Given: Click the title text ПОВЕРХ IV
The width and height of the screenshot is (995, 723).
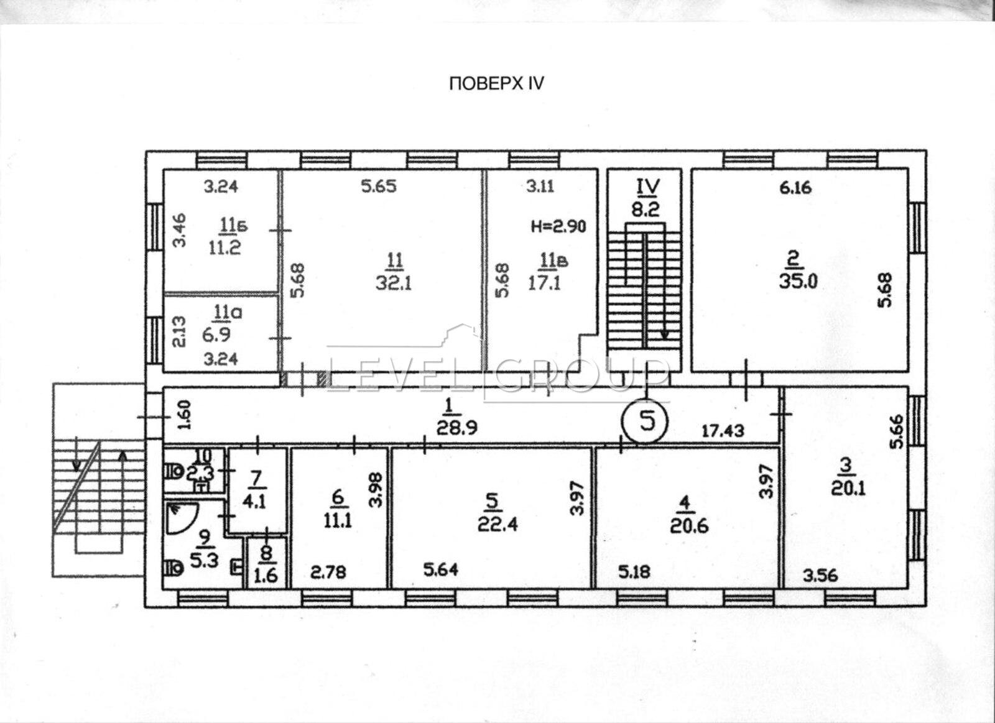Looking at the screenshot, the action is [x=496, y=83].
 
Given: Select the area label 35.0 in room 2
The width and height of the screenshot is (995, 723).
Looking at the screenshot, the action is [x=798, y=281].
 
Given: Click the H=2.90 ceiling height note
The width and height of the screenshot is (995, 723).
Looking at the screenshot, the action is [x=559, y=226].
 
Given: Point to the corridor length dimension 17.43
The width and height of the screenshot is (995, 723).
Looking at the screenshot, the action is [x=723, y=430].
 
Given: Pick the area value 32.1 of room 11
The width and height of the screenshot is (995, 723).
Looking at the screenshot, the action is [x=394, y=282].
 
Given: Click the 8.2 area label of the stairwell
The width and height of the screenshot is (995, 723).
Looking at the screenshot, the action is [x=646, y=209].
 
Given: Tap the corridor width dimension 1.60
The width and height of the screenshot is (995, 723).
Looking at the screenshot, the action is [x=185, y=415].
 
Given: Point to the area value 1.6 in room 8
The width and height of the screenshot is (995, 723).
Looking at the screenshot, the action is [x=266, y=576].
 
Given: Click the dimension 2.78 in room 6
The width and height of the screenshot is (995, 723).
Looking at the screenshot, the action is [x=328, y=572].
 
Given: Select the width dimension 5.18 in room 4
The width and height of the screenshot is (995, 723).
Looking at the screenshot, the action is [x=635, y=571].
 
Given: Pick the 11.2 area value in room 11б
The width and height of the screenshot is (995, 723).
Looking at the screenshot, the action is [x=224, y=247].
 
